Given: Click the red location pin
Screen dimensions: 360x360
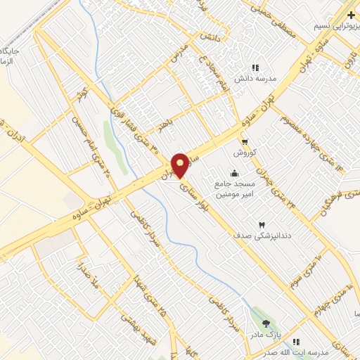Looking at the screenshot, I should [181, 165].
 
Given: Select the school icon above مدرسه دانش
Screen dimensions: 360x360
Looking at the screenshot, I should [256, 67].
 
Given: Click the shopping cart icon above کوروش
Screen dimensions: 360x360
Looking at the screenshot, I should [244, 142].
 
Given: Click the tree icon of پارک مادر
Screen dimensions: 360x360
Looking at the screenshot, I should [266, 323].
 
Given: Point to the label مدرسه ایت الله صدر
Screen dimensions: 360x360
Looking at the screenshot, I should [324, 351].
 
